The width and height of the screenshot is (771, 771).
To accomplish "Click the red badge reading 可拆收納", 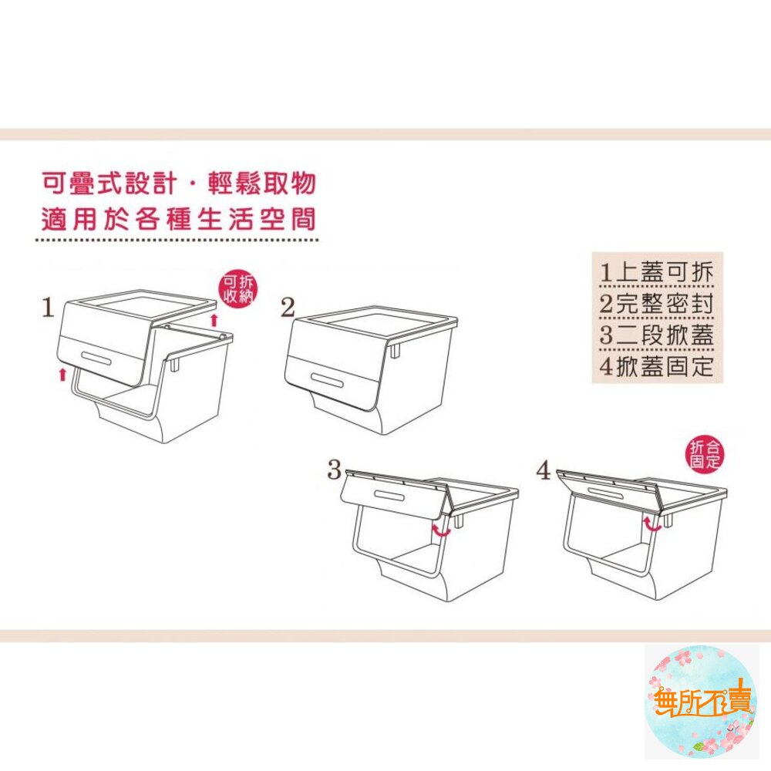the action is click(238, 288).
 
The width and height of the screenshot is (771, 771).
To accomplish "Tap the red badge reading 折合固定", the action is click(705, 454).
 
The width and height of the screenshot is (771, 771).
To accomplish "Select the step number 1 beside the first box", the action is click(48, 308).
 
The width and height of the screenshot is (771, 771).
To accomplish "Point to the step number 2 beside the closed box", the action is click(288, 308).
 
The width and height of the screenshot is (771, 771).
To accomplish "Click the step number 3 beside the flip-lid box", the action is click(335, 470).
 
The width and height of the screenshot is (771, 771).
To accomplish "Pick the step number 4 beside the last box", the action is click(544, 470).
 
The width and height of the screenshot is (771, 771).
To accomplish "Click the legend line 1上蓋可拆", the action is click(656, 272).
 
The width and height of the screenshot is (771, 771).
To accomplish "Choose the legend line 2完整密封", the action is click(656, 303).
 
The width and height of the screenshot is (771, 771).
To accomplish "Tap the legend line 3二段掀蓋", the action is click(656, 335).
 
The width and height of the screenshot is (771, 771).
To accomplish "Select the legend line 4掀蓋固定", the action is click(656, 366).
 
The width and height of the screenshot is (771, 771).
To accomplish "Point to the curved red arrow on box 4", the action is click(652, 524).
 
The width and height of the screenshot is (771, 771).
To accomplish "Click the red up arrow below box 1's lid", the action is click(62, 374).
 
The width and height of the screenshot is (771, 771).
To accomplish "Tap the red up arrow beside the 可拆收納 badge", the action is click(214, 320).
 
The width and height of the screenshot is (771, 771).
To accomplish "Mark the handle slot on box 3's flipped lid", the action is click(389, 495).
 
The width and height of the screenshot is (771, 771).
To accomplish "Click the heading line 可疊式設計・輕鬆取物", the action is click(179, 183).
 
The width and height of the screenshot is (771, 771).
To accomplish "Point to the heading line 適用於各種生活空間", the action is click(179, 219).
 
